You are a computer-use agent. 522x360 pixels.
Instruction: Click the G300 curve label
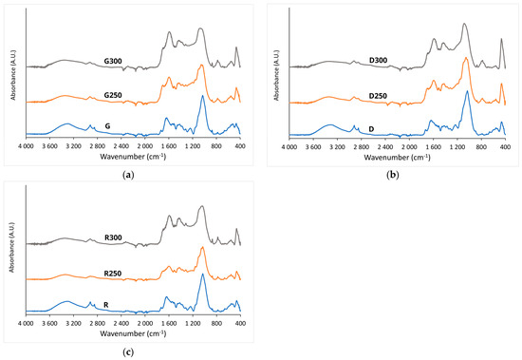[113, 61]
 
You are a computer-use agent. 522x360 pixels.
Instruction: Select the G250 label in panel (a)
[113, 95]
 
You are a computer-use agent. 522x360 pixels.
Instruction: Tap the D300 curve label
[378, 61]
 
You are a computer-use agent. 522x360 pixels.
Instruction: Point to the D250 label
[378, 96]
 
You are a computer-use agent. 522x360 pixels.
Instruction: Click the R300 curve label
[113, 237]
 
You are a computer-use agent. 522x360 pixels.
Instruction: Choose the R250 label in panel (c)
[113, 274]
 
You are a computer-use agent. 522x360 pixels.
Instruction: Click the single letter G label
[107, 126]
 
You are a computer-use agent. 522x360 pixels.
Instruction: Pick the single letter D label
[371, 129]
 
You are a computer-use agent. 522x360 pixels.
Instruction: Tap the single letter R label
[106, 305]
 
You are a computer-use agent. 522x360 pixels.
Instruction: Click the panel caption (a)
[128, 175]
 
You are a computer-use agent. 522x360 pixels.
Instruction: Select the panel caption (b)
[393, 175]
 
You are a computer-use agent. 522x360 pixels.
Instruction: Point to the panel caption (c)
[128, 352]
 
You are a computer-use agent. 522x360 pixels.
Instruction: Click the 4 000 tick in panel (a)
[26, 146]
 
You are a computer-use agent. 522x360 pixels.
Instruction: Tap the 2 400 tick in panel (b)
[385, 147]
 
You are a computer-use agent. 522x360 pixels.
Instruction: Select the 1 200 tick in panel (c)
[193, 324]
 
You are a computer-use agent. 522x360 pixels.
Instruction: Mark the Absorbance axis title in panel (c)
[12, 247]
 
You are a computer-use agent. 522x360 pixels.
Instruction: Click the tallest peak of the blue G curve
[202, 96]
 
